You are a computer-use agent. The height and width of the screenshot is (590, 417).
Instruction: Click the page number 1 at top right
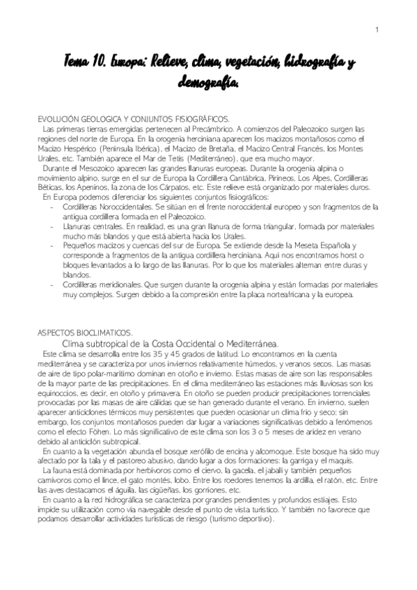376,29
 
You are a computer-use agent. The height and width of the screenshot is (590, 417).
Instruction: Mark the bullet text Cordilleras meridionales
102,286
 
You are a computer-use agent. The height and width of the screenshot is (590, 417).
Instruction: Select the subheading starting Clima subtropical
171,344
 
